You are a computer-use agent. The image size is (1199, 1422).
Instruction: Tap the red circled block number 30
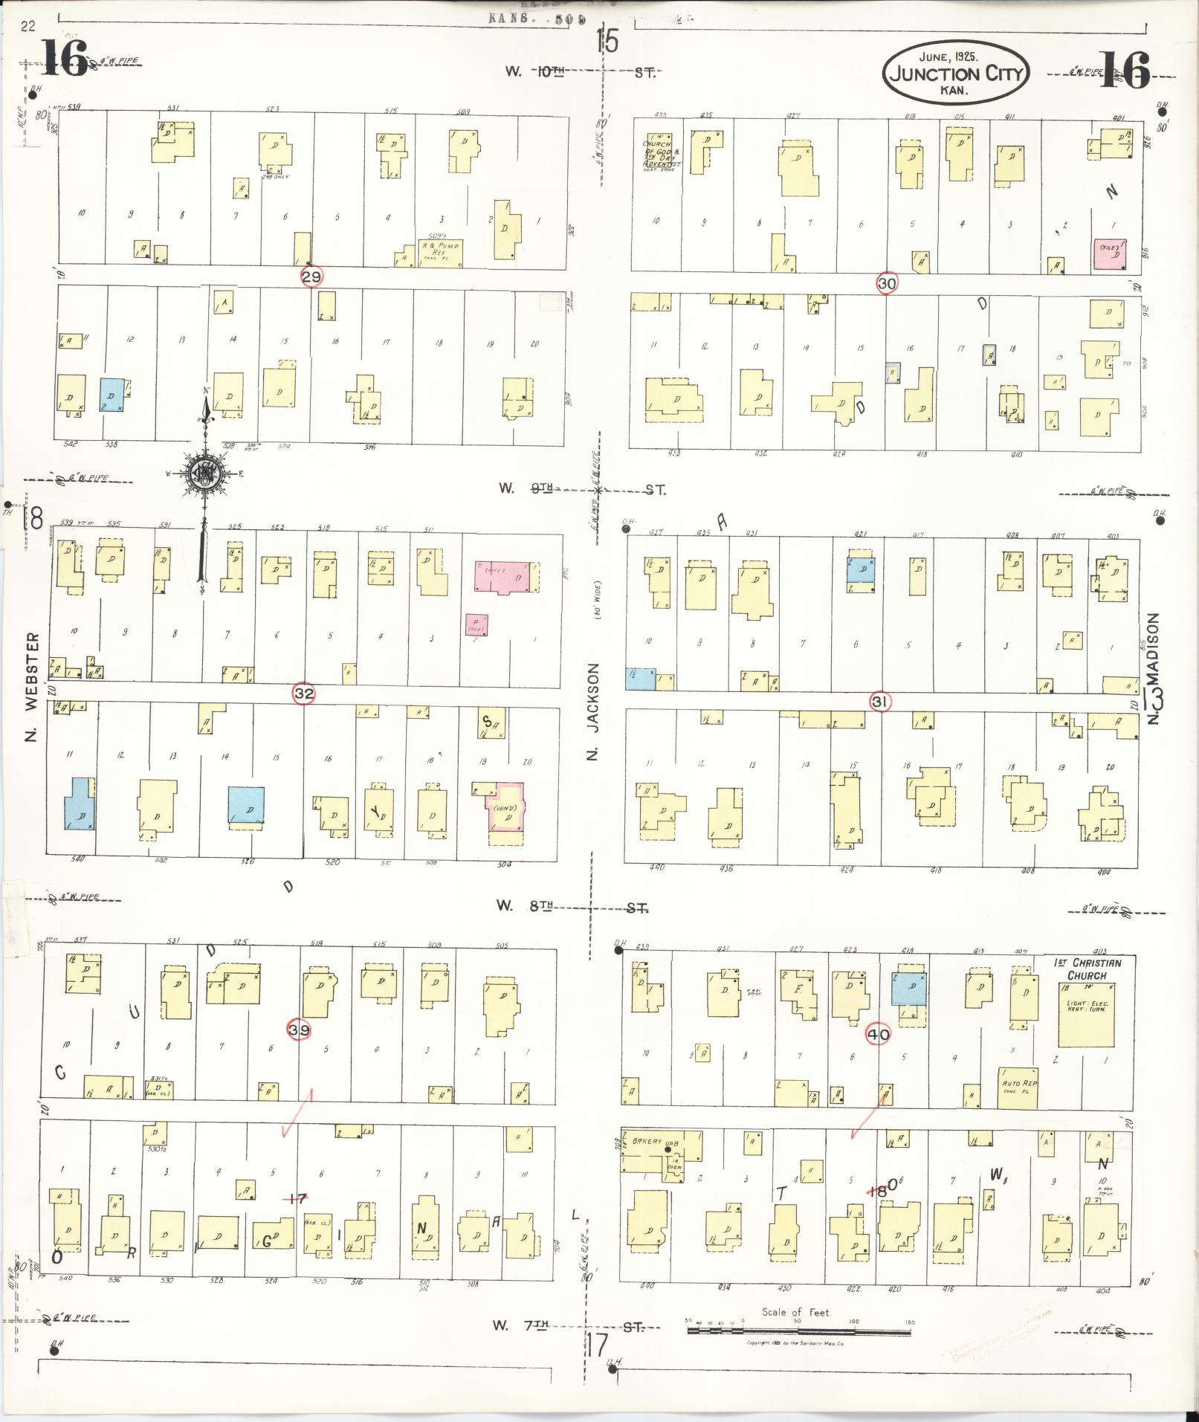tap(887, 282)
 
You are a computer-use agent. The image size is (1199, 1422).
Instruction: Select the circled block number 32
tap(304, 694)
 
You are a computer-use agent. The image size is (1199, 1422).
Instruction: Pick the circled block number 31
tap(880, 701)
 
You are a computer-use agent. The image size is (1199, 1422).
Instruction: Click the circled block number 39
tap(300, 1030)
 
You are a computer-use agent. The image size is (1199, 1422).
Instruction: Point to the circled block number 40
tap(878, 1034)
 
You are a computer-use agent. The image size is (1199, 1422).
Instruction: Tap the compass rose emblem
tap(204, 474)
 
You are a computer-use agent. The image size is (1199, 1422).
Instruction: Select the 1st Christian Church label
tap(1087, 969)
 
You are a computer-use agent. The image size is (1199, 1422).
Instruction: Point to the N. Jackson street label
tap(592, 711)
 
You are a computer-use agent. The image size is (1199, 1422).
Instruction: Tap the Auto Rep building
tap(1018, 1087)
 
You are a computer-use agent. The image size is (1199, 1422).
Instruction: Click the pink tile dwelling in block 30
tap(1110, 255)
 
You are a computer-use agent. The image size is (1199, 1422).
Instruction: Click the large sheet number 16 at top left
tap(65, 59)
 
